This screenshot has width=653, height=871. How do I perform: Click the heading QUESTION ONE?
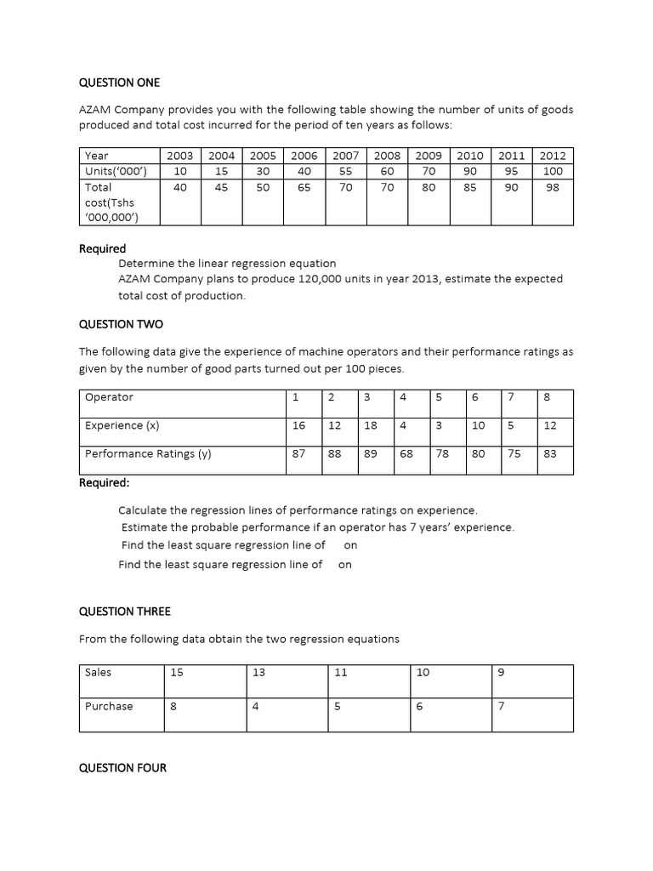coord(119,83)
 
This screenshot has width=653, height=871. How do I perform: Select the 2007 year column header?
coord(345,156)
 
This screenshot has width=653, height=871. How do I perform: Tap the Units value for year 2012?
coord(553,171)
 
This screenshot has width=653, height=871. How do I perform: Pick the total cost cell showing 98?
coord(553,187)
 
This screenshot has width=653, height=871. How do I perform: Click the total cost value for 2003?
coord(179,187)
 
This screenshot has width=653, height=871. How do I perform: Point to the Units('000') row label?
coord(116,171)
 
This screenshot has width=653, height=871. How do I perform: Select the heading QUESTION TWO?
coord(121,324)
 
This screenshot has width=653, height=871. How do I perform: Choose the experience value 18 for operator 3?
coord(371,425)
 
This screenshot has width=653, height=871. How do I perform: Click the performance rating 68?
coord(406,454)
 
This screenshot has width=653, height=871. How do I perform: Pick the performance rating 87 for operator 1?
coord(298,454)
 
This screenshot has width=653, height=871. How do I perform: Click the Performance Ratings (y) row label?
coord(148,454)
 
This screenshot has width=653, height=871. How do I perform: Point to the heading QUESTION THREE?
coord(124,612)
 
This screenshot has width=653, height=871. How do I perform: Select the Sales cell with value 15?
coord(177,672)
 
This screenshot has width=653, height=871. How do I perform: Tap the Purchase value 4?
coord(255,706)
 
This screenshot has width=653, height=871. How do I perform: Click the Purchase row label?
coord(109,706)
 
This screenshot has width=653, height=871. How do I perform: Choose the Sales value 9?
coord(500,672)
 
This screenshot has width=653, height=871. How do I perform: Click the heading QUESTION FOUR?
coord(122,768)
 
